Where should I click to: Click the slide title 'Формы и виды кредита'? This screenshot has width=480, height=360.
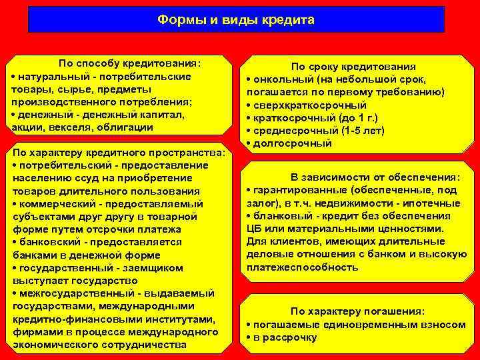coord(236,19)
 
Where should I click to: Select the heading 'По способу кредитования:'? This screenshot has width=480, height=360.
coord(130,64)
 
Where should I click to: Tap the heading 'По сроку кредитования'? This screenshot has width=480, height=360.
coord(353,67)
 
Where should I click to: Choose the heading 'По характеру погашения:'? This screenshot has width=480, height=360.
coord(357,311)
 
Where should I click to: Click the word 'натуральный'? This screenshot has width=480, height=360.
coord(47,77)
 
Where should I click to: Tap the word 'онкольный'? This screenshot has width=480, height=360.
coord(279,80)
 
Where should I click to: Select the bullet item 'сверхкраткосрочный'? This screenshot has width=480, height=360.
coord(309,105)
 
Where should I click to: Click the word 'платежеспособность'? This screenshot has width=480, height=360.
coord(302,267)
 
